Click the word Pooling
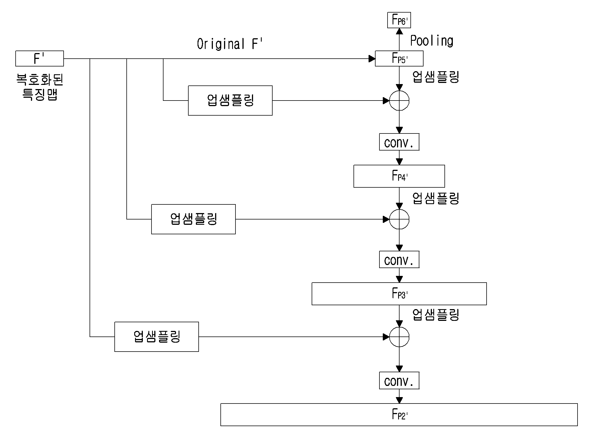[432, 41]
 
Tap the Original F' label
[230, 44]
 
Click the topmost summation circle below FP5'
[399, 91]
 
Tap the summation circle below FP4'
[399, 209]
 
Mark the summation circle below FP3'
[399, 327]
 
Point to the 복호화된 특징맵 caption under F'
[40, 87]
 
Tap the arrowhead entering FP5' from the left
[372, 59]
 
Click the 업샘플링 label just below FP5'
[436, 77]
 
